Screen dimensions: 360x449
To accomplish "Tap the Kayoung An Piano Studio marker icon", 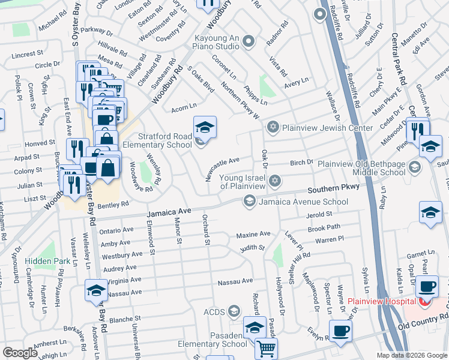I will click(250, 42).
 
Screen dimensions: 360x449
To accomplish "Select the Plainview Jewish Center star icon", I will click(273, 127).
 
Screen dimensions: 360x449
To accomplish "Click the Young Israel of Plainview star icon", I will click(274, 181).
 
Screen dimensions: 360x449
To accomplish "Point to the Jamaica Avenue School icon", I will click(249, 202).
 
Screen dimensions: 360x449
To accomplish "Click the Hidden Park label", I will click(47, 261).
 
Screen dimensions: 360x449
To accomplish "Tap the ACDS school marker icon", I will click(234, 311).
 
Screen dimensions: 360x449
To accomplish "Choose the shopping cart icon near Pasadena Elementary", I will click(266, 347).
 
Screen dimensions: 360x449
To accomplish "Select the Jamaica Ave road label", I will click(169, 212).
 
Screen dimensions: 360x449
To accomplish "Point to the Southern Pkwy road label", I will click(334, 187).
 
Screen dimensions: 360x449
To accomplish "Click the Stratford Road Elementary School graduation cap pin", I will click(205, 127).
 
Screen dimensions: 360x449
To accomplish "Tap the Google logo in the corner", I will click(20, 353).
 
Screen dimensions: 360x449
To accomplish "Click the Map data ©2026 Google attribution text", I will click(411, 355).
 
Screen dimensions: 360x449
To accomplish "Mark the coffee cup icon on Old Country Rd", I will click(340, 331).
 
